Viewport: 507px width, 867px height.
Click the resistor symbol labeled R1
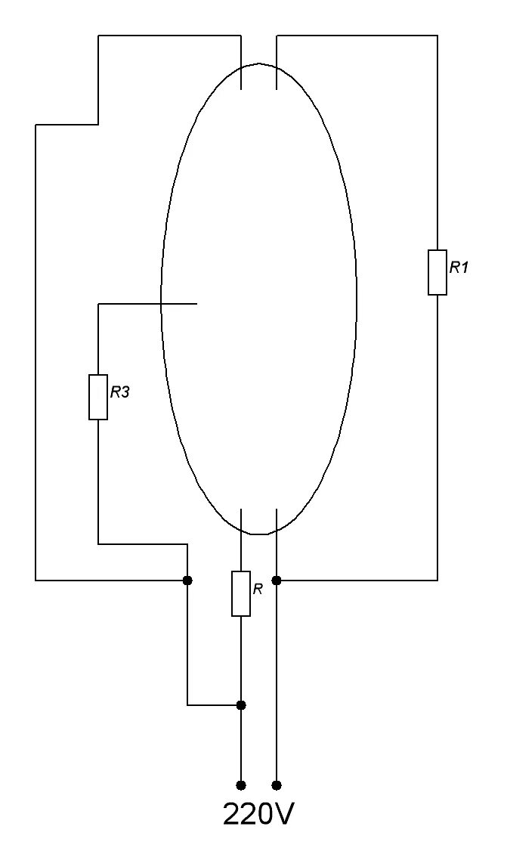click(437, 272)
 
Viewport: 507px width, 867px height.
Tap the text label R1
click(459, 267)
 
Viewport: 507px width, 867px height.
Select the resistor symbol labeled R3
click(98, 397)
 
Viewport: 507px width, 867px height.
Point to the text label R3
click(121, 392)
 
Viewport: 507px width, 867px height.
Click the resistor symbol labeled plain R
click(241, 593)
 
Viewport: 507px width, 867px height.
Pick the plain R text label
click(258, 589)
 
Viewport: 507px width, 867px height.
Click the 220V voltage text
click(258, 814)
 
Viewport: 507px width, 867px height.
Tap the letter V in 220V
click(283, 814)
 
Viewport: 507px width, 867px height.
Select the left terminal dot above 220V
click(241, 785)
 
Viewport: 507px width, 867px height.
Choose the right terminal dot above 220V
click(277, 785)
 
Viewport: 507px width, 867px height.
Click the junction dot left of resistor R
click(187, 581)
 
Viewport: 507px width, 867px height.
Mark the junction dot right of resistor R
click(277, 581)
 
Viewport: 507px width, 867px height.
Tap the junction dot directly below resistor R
click(241, 705)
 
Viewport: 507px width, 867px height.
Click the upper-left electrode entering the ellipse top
click(241, 76)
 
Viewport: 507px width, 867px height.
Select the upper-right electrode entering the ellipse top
click(277, 76)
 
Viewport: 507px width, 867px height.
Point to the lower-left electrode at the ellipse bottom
click(241, 522)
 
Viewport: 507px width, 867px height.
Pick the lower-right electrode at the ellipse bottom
click(277, 522)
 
